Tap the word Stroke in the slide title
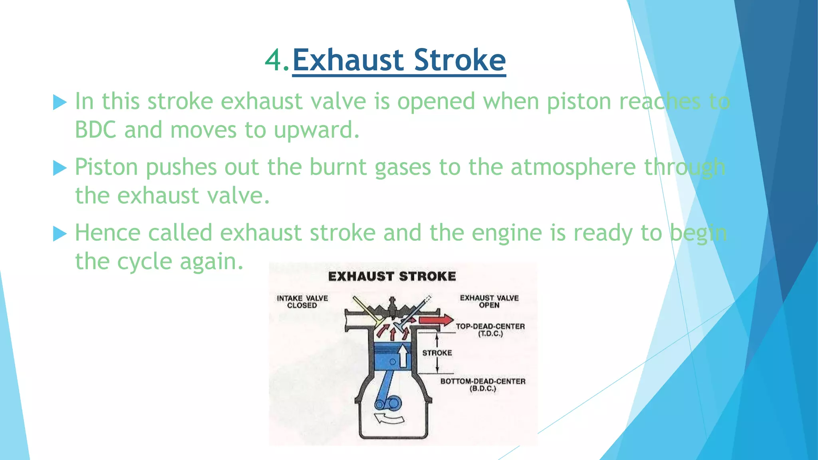(460, 61)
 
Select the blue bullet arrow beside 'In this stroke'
(60, 102)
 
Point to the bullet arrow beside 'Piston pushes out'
(60, 168)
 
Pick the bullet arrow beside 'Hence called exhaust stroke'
(60, 234)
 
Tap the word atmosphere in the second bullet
(573, 167)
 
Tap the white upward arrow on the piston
(403, 355)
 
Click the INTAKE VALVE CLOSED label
(302, 302)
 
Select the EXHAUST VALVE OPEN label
(489, 301)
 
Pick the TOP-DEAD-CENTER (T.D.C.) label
(490, 330)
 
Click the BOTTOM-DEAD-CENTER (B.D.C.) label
(482, 385)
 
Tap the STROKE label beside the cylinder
(437, 353)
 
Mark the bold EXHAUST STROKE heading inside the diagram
(392, 276)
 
